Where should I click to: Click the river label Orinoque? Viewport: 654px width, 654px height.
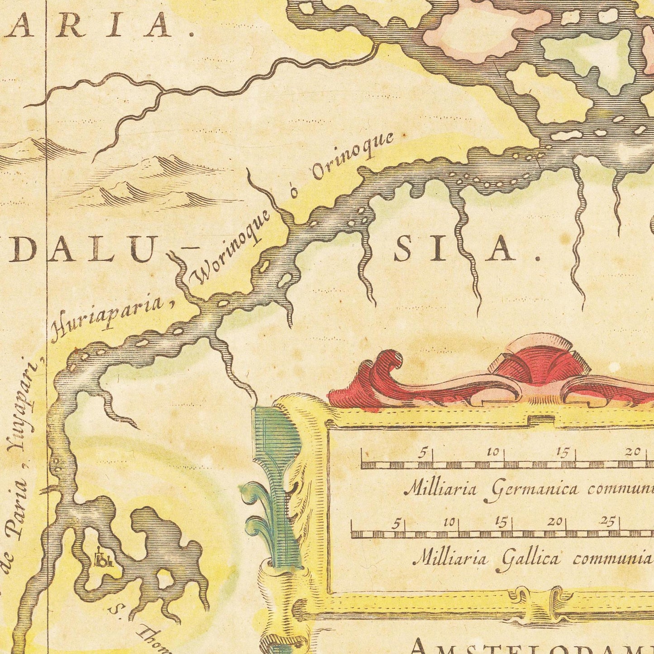(x=353, y=156)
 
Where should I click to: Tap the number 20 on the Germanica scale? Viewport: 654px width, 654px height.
(x=632, y=451)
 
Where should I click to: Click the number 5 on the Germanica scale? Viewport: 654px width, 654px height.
(x=422, y=453)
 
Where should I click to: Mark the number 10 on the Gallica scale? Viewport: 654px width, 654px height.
(x=449, y=522)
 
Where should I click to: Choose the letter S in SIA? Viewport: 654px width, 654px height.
(x=402, y=250)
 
